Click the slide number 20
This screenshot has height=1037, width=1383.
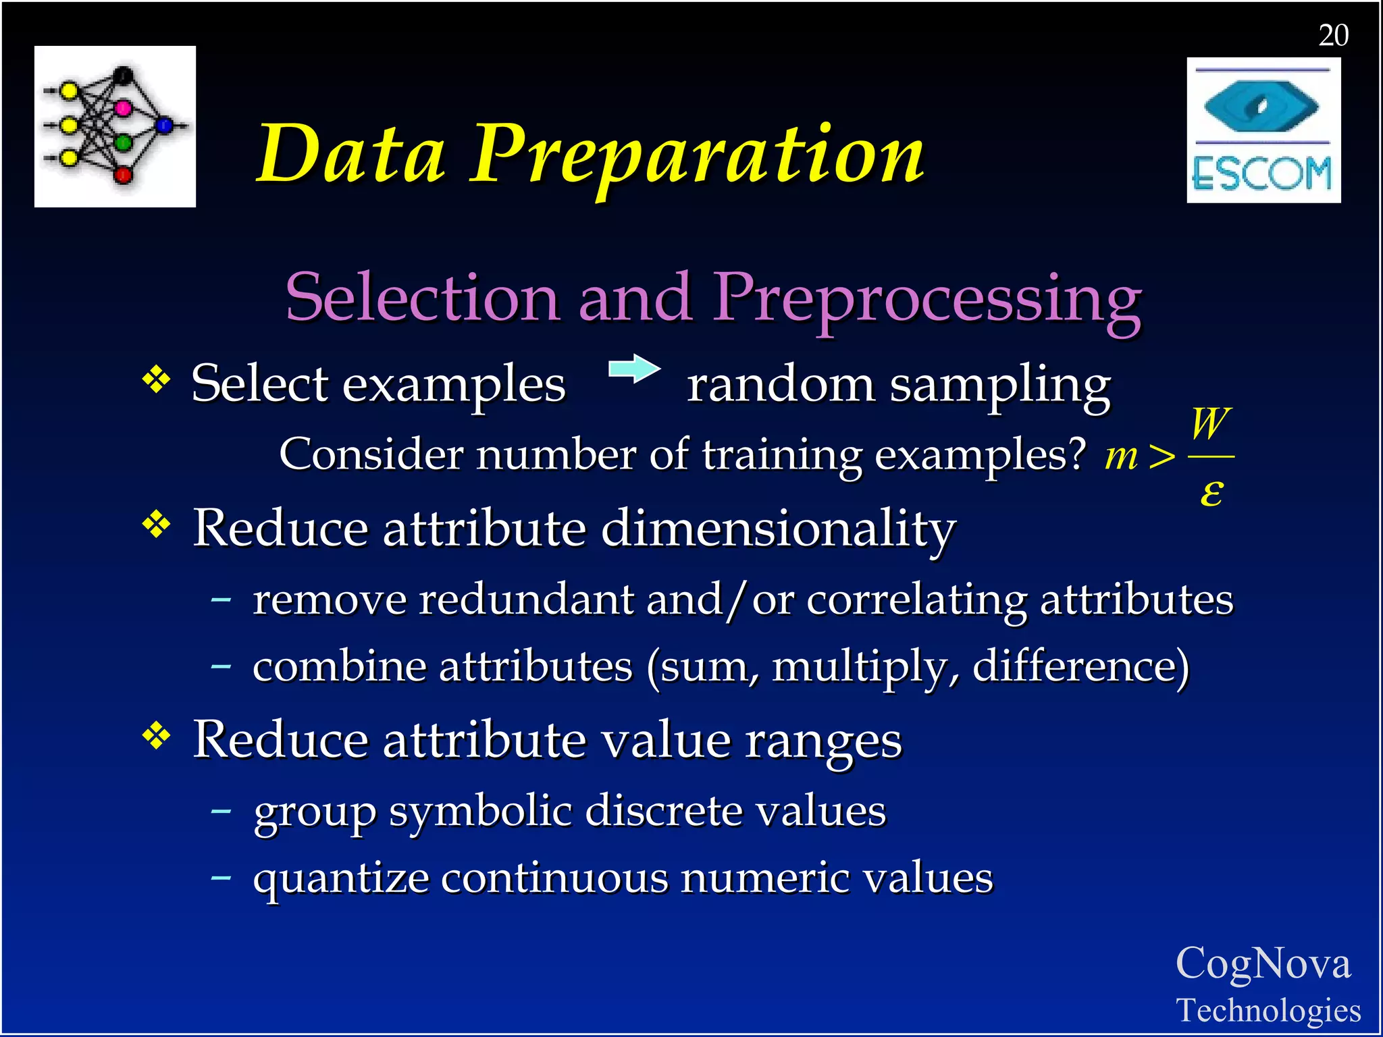[1333, 35]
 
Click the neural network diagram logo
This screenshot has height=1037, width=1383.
[115, 126]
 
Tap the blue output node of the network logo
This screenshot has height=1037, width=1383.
[164, 125]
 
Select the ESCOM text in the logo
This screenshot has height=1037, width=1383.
[1262, 174]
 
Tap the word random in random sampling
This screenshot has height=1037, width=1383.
[780, 385]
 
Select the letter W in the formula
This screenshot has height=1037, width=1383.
[1210, 423]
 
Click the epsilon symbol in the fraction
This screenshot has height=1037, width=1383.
[1211, 492]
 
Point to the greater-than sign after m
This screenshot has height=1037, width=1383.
[1162, 457]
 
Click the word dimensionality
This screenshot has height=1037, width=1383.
[778, 528]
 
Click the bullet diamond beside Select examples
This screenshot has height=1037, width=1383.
[156, 379]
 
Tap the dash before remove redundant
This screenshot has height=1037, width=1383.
[221, 598]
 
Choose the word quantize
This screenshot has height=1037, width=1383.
[341, 879]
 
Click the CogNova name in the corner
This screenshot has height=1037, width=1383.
[1263, 963]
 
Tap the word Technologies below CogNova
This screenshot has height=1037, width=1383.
[1268, 1010]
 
